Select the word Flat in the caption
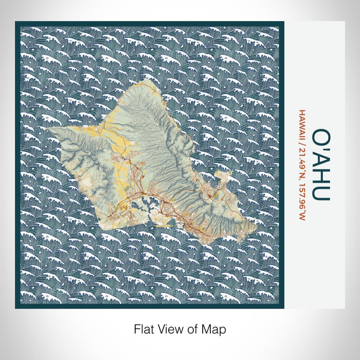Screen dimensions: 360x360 coord(141,328)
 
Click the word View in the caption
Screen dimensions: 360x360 coord(167,328)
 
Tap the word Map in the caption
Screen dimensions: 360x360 coord(215,328)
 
